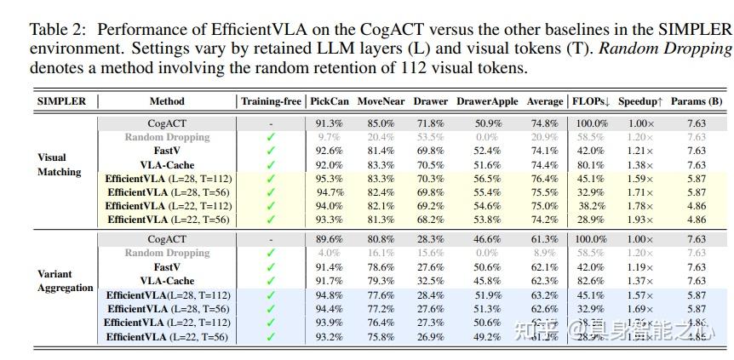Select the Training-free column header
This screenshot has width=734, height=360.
(x=271, y=101)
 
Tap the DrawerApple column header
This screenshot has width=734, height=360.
(x=487, y=101)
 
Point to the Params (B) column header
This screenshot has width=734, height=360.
(x=696, y=101)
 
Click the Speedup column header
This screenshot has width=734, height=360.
(x=641, y=101)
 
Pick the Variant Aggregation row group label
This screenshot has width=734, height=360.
(x=65, y=281)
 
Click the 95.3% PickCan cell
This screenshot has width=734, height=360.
(x=329, y=179)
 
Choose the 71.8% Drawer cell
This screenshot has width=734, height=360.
(x=429, y=123)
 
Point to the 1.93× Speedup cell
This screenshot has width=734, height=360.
(x=641, y=220)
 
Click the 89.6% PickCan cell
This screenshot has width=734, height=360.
(x=329, y=239)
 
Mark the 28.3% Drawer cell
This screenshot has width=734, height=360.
(x=429, y=239)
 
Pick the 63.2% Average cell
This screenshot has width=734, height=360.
(x=544, y=295)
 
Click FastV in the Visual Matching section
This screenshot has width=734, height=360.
(x=167, y=151)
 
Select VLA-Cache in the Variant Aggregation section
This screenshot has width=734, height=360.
(x=167, y=281)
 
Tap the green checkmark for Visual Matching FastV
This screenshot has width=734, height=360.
(x=271, y=151)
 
